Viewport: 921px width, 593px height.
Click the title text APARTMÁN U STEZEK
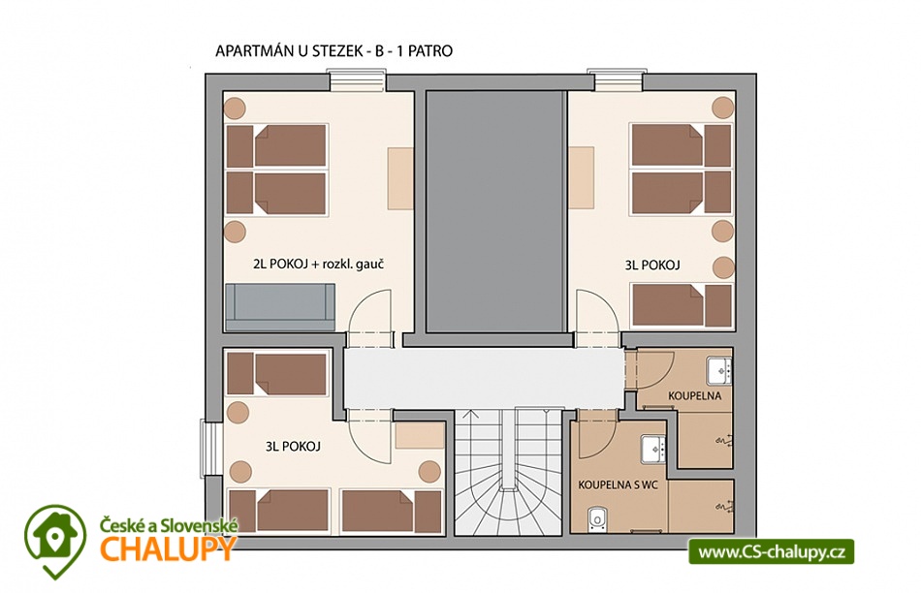[288, 51]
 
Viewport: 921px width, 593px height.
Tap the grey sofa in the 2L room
[280, 307]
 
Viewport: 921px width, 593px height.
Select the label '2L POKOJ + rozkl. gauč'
[318, 265]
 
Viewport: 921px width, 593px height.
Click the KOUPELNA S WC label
[618, 485]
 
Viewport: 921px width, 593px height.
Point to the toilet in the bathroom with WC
[597, 519]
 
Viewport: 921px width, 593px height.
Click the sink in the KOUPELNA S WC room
[653, 450]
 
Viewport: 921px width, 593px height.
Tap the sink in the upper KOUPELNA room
[719, 370]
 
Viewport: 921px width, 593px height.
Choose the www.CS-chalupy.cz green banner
[772, 552]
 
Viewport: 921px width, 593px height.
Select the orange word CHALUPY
[168, 548]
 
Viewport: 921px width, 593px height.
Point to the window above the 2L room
[357, 80]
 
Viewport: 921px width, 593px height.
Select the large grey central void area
[494, 211]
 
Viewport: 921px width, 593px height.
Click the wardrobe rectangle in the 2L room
[400, 178]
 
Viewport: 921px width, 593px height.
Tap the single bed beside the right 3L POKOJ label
[682, 305]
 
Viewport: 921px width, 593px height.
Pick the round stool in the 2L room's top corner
[235, 108]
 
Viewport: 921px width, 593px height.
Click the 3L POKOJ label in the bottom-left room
[293, 447]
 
